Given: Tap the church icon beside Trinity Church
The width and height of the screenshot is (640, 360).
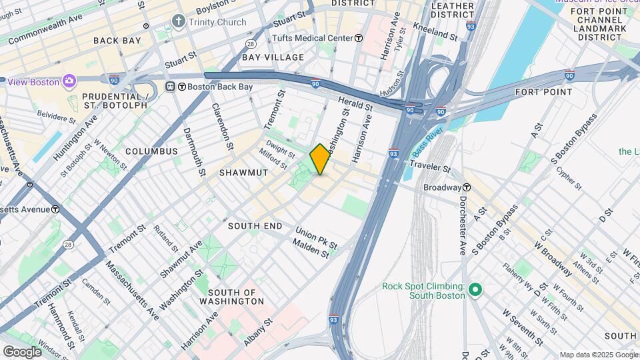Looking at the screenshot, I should (178, 22).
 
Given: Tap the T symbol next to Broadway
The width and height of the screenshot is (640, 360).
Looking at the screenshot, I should (468, 187).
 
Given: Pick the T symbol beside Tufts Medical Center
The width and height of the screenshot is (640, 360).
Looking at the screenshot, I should (359, 38).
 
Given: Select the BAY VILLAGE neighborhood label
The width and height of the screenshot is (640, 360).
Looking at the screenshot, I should (273, 57).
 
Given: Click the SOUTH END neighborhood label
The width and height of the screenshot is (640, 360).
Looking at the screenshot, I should (255, 226).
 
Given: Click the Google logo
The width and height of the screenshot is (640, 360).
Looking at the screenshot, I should (21, 351).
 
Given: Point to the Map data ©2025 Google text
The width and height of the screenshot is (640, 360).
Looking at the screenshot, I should (598, 355).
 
